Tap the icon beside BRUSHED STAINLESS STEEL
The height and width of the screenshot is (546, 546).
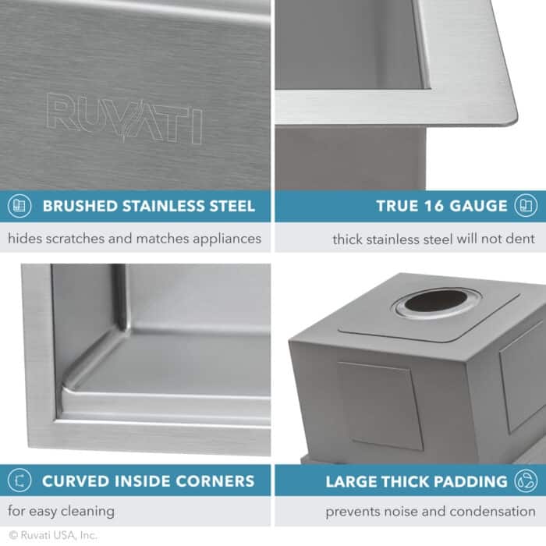(x=19, y=207)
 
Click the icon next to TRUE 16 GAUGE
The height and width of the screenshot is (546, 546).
(x=525, y=207)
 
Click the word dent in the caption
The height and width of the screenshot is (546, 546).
(x=523, y=239)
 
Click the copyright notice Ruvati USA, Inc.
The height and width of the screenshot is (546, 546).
(x=48, y=536)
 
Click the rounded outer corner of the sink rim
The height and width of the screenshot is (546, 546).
(x=511, y=117)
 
